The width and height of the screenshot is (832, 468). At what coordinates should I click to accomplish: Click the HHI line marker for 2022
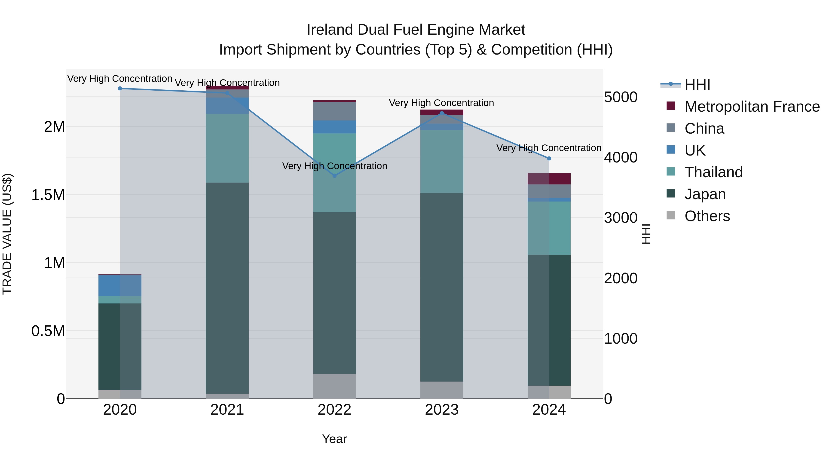335,176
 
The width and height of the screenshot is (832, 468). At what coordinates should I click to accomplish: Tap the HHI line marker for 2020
120,89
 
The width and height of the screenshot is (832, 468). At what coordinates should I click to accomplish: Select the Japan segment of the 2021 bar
227,288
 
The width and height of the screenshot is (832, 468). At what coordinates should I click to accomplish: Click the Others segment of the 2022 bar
335,386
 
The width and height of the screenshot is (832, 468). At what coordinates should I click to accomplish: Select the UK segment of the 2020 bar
120,285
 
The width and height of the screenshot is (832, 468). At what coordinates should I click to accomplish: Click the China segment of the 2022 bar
335,111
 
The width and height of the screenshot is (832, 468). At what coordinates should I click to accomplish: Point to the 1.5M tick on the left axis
48,195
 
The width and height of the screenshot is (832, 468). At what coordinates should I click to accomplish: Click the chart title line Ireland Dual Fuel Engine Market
416,30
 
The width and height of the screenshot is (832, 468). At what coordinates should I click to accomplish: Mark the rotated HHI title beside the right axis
646,234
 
